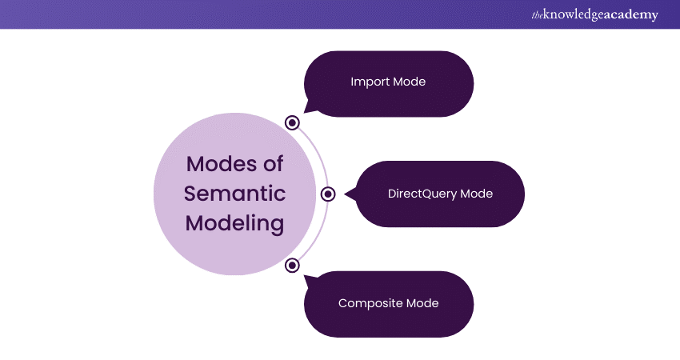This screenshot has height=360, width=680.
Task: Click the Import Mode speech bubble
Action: pyautogui.click(x=389, y=82)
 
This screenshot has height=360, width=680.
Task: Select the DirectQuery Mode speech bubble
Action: pyautogui.click(x=440, y=194)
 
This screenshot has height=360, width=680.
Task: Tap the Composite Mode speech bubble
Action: pyautogui.click(x=389, y=304)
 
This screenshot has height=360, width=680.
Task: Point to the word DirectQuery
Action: pyautogui.click(x=422, y=194)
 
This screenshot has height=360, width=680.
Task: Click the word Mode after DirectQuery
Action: pyautogui.click(x=477, y=194)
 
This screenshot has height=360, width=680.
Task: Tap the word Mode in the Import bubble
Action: pyautogui.click(x=409, y=82)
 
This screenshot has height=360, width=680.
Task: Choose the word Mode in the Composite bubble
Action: pyautogui.click(x=422, y=304)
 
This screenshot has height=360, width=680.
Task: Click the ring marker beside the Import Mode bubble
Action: pyautogui.click(x=293, y=123)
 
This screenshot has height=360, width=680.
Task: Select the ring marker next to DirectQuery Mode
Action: pyautogui.click(x=328, y=194)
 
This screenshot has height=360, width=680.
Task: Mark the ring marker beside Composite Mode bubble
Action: pyautogui.click(x=293, y=265)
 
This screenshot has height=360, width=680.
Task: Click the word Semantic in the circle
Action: pyautogui.click(x=235, y=194)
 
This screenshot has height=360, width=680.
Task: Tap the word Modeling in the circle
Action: pyautogui.click(x=235, y=223)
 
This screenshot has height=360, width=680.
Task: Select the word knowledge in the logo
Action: pyautogui.click(x=573, y=15)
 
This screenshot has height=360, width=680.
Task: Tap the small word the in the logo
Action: pyautogui.click(x=536, y=14)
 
